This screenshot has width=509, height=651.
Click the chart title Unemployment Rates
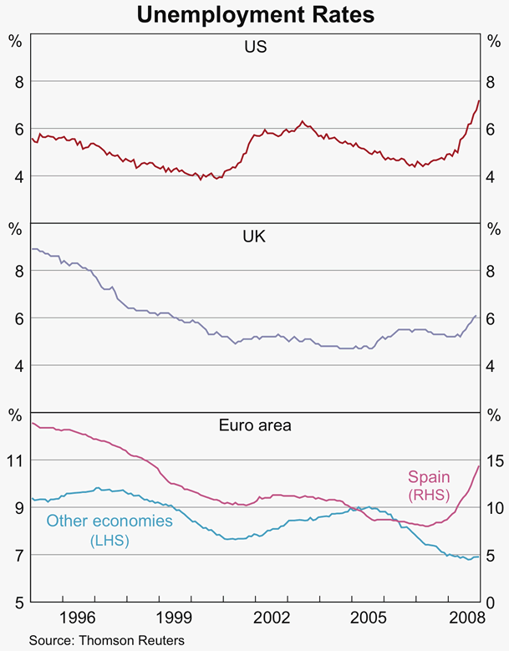255,14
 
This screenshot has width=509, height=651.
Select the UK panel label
255,237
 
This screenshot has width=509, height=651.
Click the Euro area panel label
255,425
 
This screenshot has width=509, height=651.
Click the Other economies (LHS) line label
109,530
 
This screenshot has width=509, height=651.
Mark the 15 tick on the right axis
494,460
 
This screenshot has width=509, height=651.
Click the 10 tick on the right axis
494,507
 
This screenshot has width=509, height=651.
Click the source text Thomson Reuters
106,640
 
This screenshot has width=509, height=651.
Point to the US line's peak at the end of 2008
479,101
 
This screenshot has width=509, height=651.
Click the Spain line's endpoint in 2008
479,465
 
